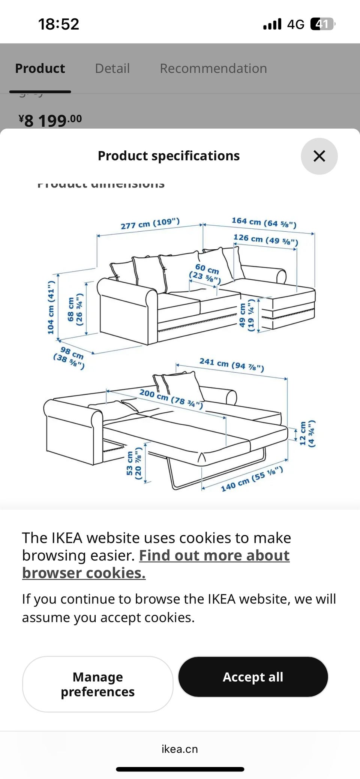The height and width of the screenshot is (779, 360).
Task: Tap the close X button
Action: [319, 156]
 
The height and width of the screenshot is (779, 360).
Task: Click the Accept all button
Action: [253, 677]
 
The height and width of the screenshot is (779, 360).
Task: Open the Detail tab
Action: [112, 69]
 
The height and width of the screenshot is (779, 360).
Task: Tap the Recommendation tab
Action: [213, 69]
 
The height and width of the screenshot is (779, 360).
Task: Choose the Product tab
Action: [40, 69]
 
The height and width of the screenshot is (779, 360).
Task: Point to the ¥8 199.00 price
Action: [50, 120]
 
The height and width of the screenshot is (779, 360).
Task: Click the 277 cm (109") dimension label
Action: [150, 223]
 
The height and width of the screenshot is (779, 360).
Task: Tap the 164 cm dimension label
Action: [264, 222]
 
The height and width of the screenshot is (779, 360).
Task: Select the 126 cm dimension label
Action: [265, 239]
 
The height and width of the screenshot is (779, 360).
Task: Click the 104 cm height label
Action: [51, 307]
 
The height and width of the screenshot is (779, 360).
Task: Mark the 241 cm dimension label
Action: [231, 364]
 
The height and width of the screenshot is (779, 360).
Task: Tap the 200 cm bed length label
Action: [171, 398]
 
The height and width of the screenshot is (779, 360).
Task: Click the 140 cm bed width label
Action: [252, 479]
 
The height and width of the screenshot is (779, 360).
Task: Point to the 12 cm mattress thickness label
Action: [307, 433]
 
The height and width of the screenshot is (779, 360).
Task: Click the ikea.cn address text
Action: [180, 749]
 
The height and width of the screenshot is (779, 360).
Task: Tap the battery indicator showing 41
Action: [322, 24]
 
